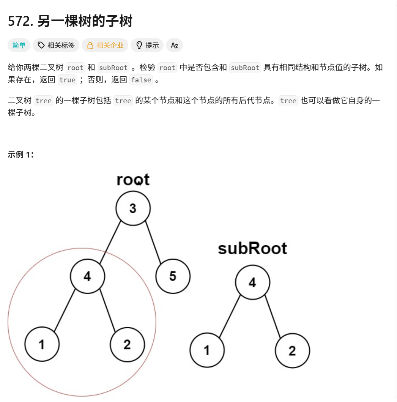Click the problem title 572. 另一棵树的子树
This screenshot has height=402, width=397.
tap(70, 22)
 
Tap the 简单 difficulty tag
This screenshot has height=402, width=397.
tap(19, 46)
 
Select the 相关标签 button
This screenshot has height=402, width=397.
tap(56, 46)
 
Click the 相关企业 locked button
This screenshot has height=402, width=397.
tap(105, 46)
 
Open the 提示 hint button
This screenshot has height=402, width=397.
tap(147, 46)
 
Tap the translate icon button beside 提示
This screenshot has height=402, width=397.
tap(174, 46)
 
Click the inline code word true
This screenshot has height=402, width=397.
tap(68, 80)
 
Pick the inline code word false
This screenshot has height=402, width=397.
tap(141, 80)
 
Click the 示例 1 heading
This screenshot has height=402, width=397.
tap(21, 155)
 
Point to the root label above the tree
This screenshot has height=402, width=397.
tap(133, 180)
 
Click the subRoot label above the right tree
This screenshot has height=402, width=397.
tap(252, 249)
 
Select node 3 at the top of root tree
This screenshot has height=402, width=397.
tap(133, 208)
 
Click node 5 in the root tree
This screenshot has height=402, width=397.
tap(173, 276)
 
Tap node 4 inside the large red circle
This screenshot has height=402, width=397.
tap(87, 276)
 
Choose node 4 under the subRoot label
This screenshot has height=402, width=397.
tap(252, 283)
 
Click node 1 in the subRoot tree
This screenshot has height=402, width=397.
tap(207, 350)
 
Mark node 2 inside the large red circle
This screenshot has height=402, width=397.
tap(127, 345)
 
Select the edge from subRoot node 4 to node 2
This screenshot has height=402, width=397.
tap(273, 317)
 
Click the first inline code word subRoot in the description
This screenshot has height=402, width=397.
tap(113, 68)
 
